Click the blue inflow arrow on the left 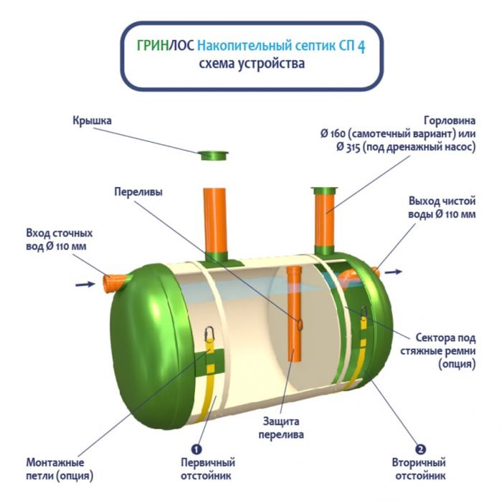pyautogui.click(x=85, y=285)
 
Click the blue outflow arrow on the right pyautogui.click(x=394, y=272)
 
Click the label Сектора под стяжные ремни pyautogui.click(x=445, y=350)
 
